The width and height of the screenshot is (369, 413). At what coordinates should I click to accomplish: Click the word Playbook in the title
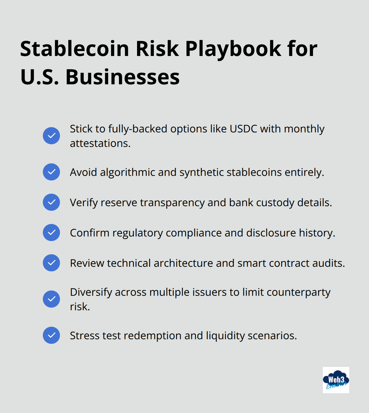click(233, 49)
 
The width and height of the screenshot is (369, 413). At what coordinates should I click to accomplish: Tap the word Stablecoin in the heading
click(75, 49)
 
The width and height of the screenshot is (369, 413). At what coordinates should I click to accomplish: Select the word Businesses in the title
click(123, 77)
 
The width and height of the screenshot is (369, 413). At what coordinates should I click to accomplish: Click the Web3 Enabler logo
click(336, 380)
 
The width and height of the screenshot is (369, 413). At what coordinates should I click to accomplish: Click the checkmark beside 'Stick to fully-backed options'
click(51, 136)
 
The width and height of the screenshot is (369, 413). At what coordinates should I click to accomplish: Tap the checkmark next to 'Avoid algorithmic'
click(51, 172)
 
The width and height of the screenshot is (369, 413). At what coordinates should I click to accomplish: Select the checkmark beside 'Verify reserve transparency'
click(51, 202)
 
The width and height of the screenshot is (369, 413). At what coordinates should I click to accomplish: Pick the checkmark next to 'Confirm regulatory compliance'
click(51, 233)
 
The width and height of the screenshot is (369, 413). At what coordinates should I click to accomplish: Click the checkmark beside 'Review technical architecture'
click(51, 263)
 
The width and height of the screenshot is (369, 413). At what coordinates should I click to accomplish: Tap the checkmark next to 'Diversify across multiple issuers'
click(51, 299)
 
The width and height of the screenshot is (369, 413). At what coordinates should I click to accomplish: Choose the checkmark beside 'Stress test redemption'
click(51, 335)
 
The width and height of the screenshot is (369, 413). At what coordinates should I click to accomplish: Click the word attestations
click(100, 143)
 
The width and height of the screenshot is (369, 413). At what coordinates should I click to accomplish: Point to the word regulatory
click(138, 233)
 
